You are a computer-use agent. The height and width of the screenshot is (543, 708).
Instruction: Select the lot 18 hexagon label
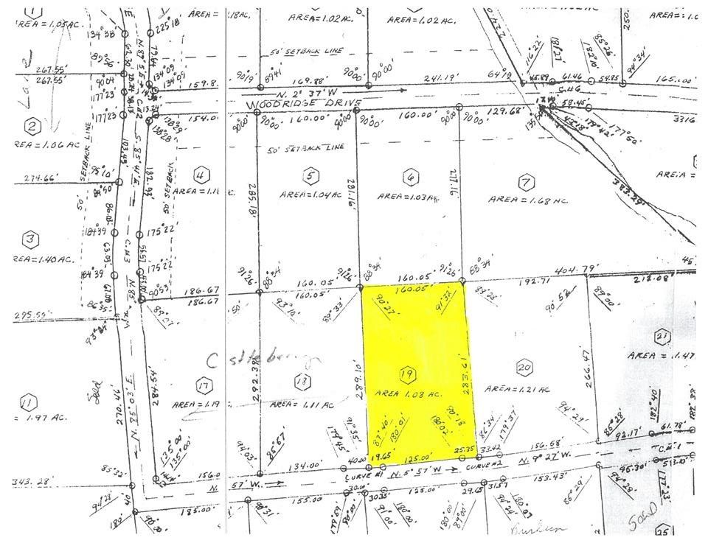tap(300, 382)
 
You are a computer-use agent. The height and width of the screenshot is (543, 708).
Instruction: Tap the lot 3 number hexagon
tap(30, 239)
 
